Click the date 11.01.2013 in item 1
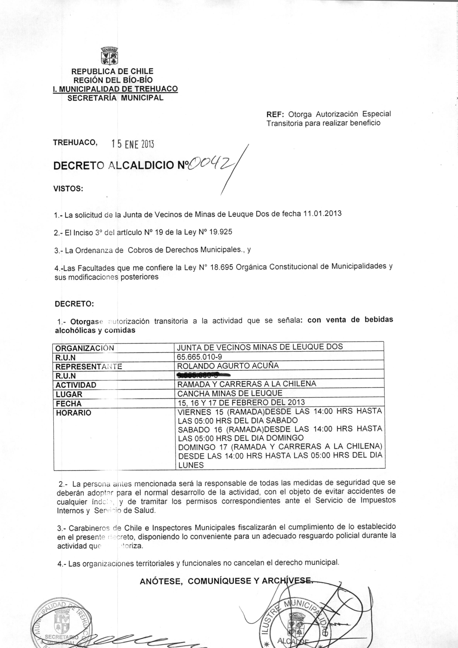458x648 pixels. [322, 213]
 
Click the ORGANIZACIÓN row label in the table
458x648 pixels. [85, 348]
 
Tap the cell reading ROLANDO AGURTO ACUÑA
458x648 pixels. [228, 366]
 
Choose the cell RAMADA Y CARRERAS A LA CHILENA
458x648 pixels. [247, 384]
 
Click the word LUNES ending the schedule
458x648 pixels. [191, 465]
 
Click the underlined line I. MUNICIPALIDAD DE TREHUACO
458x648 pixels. [115, 89]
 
